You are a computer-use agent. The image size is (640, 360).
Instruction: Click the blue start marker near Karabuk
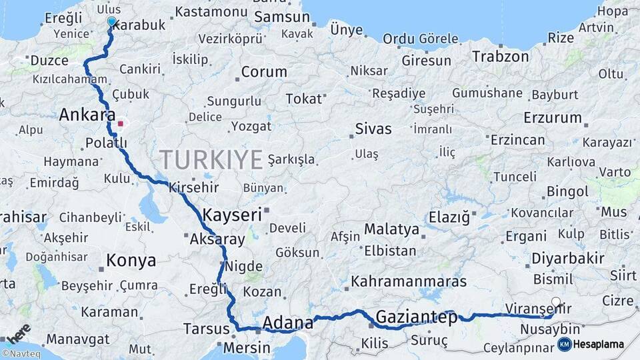tap(111, 21)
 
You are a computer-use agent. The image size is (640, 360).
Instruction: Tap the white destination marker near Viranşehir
tap(557, 302)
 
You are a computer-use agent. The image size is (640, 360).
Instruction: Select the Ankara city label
tap(87, 115)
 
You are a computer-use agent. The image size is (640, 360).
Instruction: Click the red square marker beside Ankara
tap(121, 123)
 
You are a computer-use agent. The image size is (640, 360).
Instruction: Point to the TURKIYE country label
tap(211, 160)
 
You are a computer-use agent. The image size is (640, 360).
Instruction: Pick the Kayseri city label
tap(231, 215)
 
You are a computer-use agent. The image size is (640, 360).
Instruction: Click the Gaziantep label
tap(417, 317)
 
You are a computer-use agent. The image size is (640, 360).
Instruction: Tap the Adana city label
tap(288, 324)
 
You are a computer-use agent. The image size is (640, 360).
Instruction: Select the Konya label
tap(131, 261)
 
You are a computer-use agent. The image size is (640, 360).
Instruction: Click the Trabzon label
tap(500, 57)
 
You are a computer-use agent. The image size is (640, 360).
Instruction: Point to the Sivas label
tap(373, 129)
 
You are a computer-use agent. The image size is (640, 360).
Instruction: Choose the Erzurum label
tap(553, 118)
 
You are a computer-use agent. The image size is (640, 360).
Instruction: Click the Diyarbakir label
tap(568, 258)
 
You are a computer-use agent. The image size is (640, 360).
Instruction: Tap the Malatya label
tap(391, 230)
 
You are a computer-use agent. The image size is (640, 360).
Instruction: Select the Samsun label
tap(279, 18)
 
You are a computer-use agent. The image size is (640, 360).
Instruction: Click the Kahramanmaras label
tap(409, 281)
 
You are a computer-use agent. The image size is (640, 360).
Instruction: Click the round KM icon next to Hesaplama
tap(564, 344)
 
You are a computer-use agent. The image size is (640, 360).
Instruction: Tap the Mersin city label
tap(247, 348)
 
